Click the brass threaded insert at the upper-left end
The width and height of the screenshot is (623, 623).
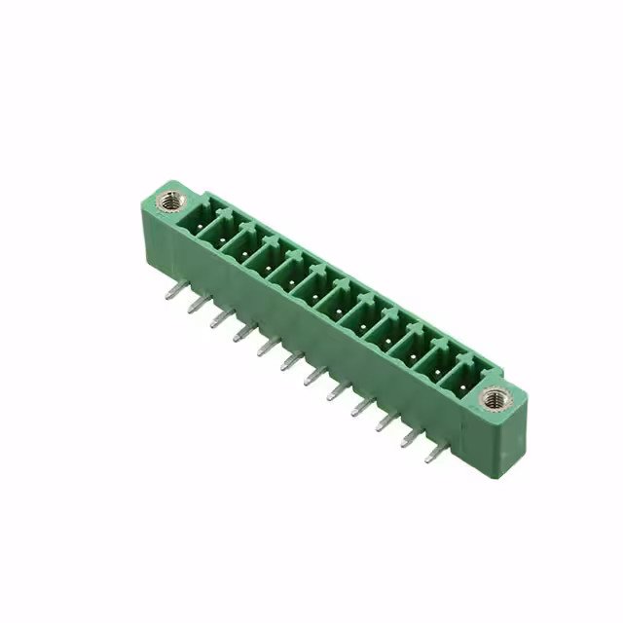[x=172, y=202]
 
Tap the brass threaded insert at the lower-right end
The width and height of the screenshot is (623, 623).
[x=495, y=397]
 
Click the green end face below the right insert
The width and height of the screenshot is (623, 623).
[x=504, y=444]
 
